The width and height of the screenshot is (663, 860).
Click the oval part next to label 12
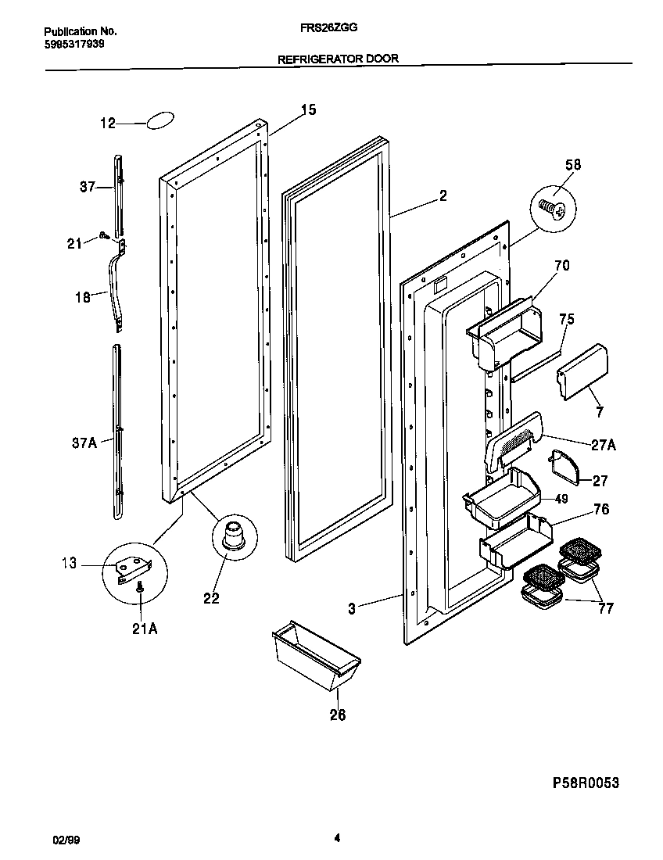[x=159, y=120]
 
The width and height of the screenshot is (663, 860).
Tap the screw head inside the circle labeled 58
[x=552, y=209]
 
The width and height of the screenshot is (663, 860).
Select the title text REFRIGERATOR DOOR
[x=338, y=59]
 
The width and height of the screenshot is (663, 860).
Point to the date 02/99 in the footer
[x=66, y=840]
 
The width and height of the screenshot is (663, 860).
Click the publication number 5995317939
[x=74, y=44]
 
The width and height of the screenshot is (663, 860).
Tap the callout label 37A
[x=83, y=443]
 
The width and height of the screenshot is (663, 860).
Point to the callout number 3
[x=352, y=608]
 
